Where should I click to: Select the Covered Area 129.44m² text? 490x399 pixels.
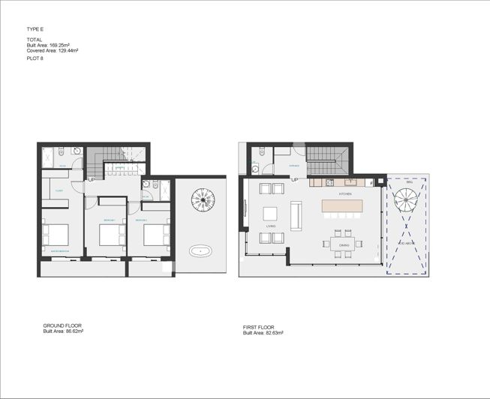tap(53, 50)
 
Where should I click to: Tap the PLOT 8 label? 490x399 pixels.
tap(35, 58)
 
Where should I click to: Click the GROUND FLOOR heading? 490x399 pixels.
tap(62, 325)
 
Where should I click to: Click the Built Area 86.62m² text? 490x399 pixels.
tap(63, 330)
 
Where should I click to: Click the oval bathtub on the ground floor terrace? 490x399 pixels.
tap(201, 250)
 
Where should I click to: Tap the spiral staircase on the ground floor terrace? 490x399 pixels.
tap(203, 199)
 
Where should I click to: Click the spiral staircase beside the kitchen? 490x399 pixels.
tap(406, 200)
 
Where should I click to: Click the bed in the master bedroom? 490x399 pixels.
tap(55, 235)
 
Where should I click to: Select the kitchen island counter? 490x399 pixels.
tap(342, 205)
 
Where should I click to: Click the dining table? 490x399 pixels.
tap(344, 243)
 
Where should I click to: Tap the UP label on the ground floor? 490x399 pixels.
tap(92, 179)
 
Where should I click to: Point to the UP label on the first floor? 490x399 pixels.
tap(294, 180)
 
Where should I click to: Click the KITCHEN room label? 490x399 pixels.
tap(345, 193)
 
